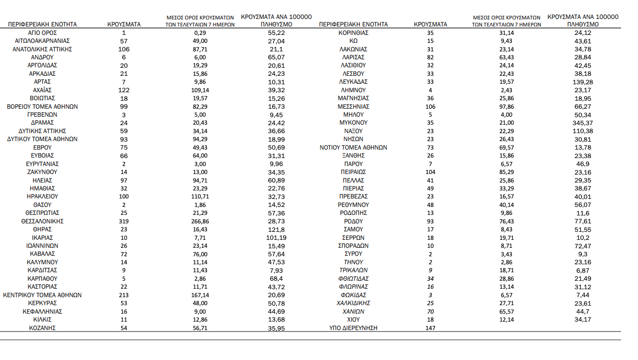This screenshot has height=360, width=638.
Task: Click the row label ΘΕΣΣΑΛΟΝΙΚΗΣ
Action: [42, 221]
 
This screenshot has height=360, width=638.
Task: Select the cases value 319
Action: [124, 221]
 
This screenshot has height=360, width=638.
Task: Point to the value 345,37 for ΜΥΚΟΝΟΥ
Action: [583, 123]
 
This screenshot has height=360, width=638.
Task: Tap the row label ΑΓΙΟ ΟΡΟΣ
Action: [42, 32]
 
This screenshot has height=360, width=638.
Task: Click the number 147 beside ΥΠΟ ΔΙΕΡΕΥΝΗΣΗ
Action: [431, 328]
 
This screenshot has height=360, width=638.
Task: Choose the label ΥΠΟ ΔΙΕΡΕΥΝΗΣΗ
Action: [353, 328]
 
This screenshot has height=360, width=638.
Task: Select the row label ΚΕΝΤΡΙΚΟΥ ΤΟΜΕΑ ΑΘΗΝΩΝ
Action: [42, 295]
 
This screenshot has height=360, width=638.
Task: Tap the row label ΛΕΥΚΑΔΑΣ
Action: [353, 82]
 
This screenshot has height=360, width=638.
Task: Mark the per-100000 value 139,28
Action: [583, 82]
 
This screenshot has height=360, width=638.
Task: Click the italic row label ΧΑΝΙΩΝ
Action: [353, 311]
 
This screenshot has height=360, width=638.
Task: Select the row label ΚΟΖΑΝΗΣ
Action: [42, 328]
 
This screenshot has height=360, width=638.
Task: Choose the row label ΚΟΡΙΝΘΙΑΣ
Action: [353, 32]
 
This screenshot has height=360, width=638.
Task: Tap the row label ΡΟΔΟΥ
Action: [353, 221]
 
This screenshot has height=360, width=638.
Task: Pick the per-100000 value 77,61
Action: [583, 221]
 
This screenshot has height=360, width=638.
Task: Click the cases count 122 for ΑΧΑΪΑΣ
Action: [124, 90]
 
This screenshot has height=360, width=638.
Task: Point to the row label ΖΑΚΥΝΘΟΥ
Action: [42, 172]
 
